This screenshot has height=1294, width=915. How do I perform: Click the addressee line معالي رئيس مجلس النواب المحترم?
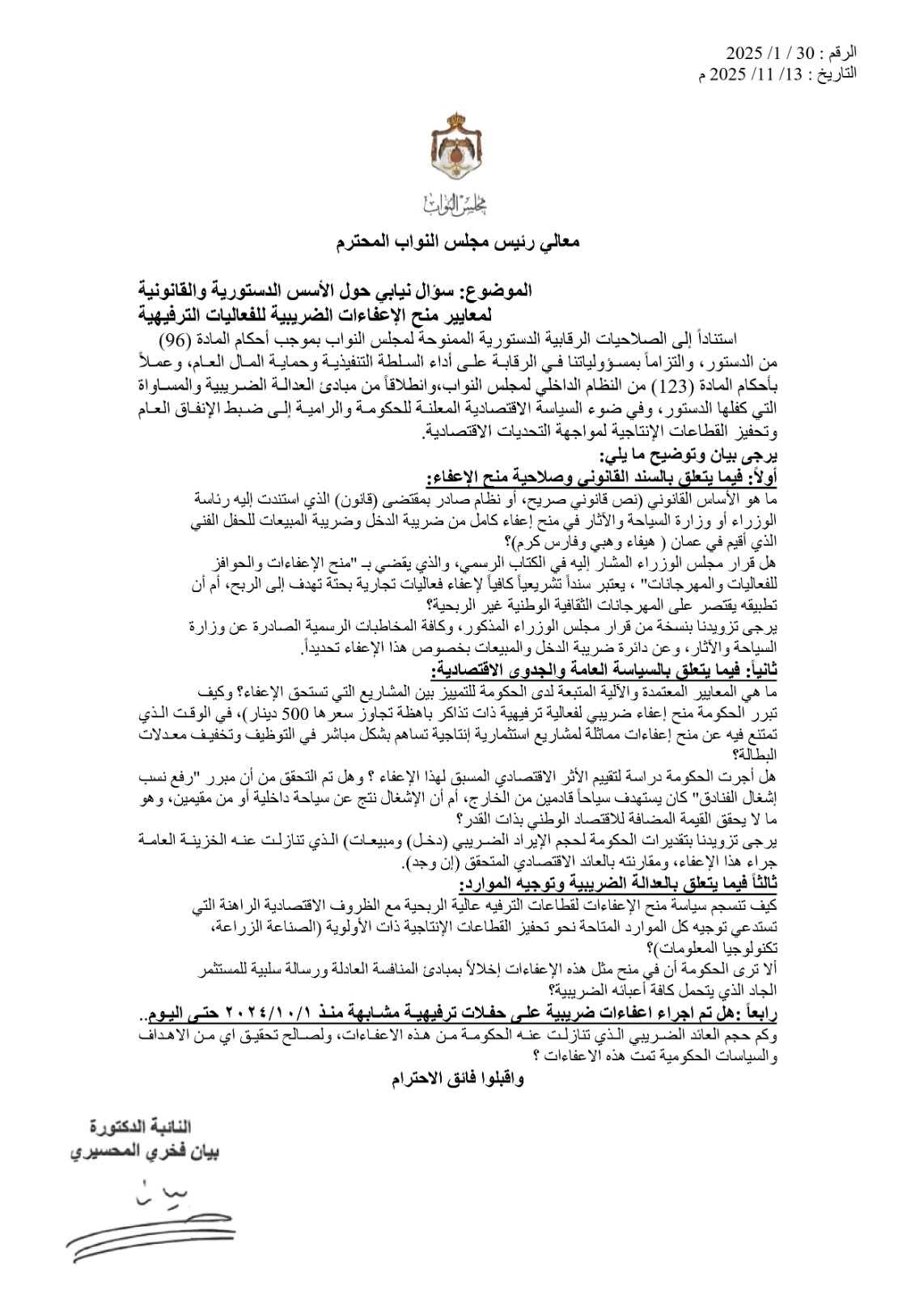click(457, 242)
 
